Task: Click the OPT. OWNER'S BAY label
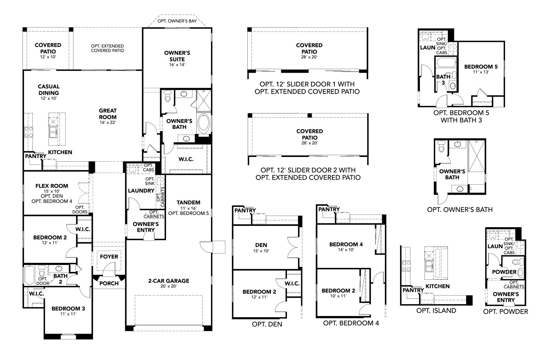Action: pyautogui.click(x=177, y=21)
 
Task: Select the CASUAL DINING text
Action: pyautogui.click(x=49, y=90)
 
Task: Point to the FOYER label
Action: pyautogui.click(x=109, y=257)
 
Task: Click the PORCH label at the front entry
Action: pyautogui.click(x=109, y=283)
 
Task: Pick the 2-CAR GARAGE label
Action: pyautogui.click(x=168, y=281)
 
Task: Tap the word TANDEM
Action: pyautogui.click(x=188, y=202)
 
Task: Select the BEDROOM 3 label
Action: pyautogui.click(x=68, y=309)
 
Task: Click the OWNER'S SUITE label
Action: pyautogui.click(x=177, y=56)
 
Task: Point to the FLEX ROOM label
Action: pyautogui.click(x=51, y=186)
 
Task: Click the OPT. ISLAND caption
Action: pyautogui.click(x=436, y=310)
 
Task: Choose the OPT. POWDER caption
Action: pyautogui.click(x=505, y=311)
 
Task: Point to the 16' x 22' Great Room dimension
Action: pyautogui.click(x=108, y=122)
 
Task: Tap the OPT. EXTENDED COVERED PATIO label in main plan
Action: pyautogui.click(x=107, y=48)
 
